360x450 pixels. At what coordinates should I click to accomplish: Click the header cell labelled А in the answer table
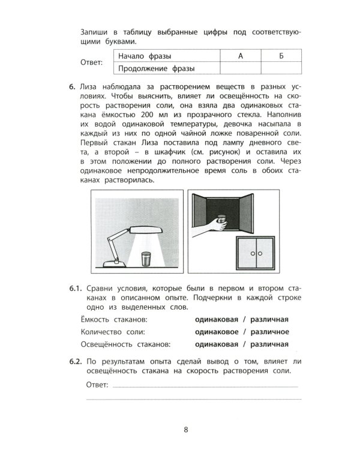click(239, 56)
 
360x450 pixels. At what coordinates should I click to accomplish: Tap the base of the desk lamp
click(112, 262)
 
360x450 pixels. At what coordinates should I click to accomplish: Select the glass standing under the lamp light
click(145, 259)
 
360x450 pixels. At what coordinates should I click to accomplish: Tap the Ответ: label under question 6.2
click(97, 386)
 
